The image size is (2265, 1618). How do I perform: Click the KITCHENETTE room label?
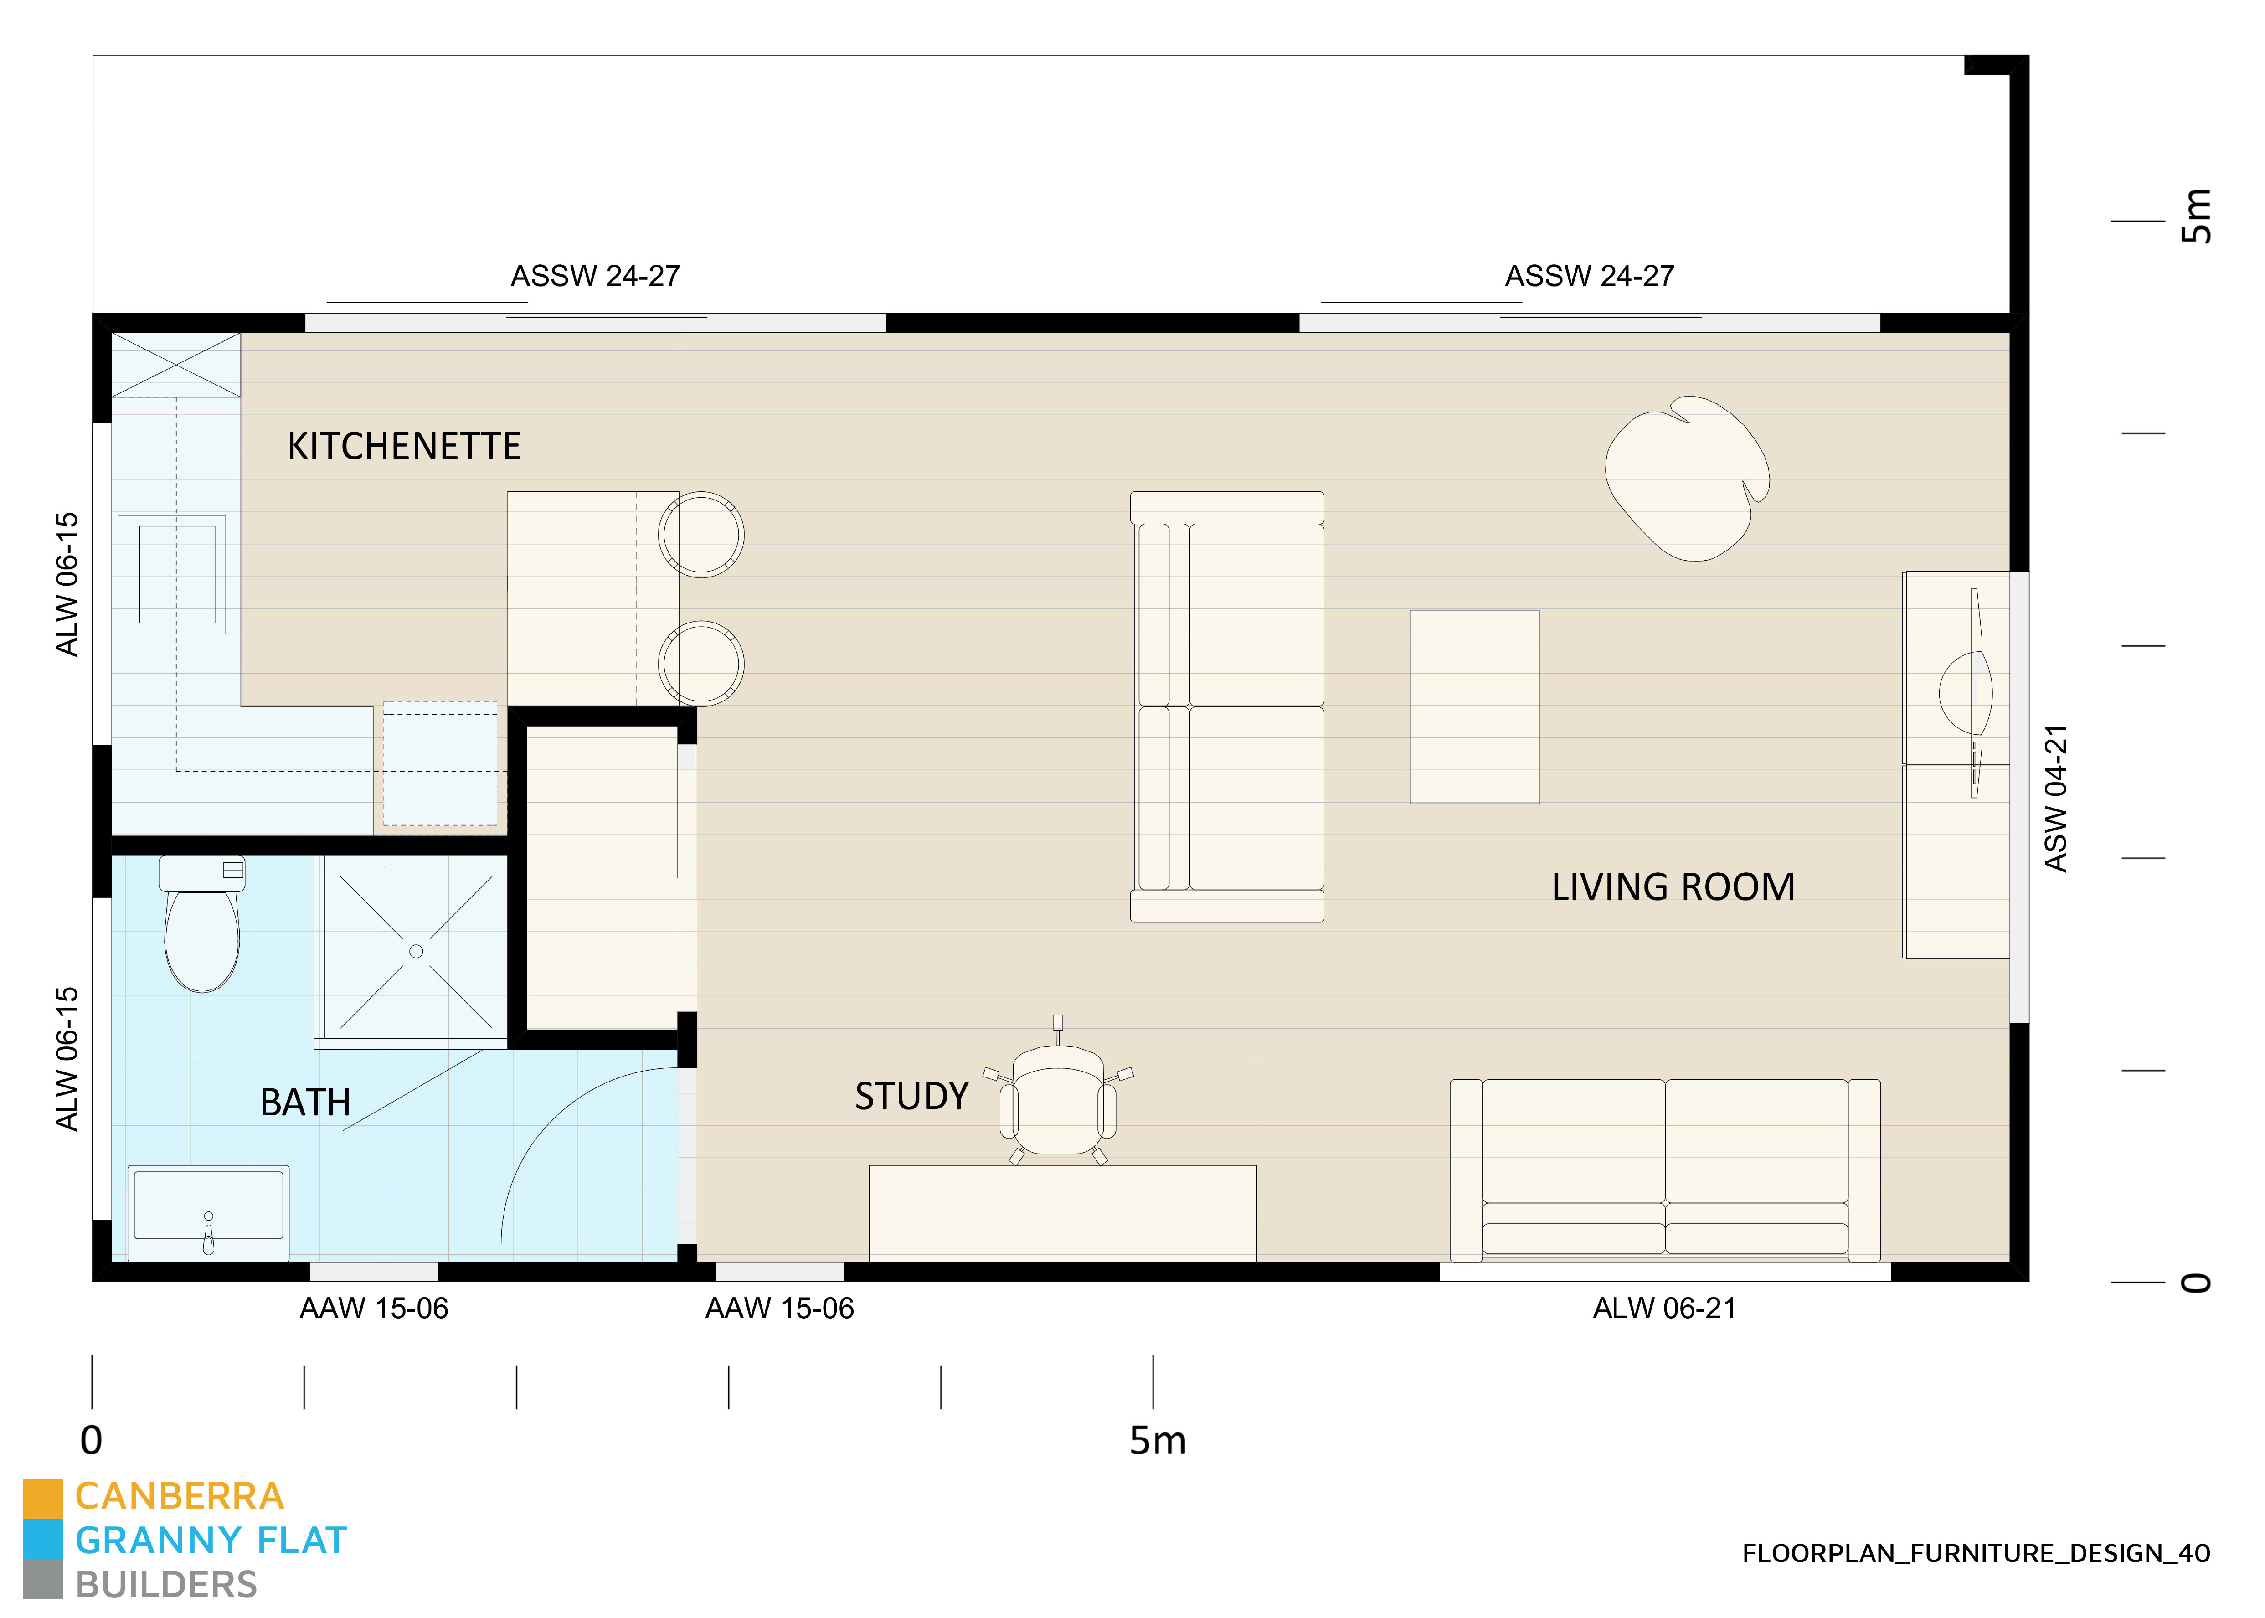[x=403, y=446]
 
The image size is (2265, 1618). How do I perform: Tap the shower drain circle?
[x=417, y=952]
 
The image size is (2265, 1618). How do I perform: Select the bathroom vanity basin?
[x=208, y=1211]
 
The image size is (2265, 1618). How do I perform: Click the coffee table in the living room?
[x=1474, y=706]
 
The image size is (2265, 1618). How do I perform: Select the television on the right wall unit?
[x=1967, y=692]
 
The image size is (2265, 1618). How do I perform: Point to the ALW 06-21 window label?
[x=1663, y=1308]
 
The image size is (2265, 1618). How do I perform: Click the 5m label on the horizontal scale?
[x=1158, y=1441]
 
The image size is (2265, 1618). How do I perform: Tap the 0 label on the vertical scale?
[x=2196, y=1282]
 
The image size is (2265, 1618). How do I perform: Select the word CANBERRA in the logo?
[x=179, y=1496]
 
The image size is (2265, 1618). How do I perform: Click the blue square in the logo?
[x=43, y=1539]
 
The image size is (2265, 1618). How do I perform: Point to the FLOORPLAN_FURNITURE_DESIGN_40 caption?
[x=1975, y=1553]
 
